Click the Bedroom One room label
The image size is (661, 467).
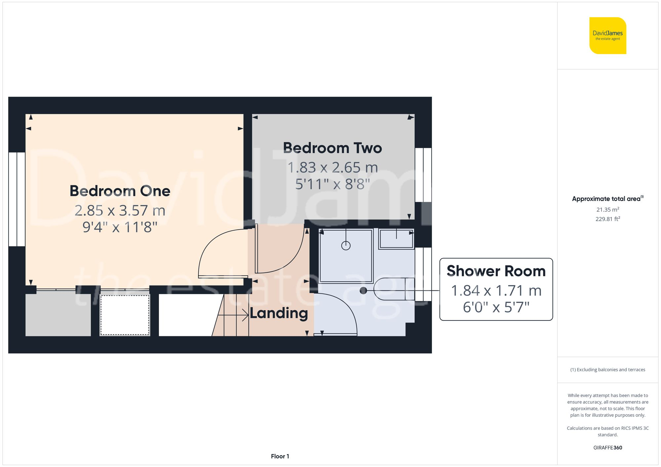point(120,191)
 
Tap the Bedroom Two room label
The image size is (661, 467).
point(332,148)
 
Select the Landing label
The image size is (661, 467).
point(279,313)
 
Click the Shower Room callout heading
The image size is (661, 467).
point(496,271)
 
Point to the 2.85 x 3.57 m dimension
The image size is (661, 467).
point(120,211)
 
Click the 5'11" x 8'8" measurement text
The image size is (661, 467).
point(332,184)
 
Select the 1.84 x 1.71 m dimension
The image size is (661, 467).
point(496,291)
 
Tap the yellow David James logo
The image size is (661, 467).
point(607,36)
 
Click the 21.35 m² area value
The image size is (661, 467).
point(607,210)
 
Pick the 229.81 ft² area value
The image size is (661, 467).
point(607,219)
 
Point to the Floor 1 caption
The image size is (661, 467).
point(280,456)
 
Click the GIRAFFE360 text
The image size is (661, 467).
point(607,448)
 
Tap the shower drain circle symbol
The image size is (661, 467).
point(346,246)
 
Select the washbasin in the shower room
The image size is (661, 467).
point(396,239)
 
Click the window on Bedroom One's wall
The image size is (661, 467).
point(17,199)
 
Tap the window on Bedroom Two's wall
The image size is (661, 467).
point(423,175)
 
